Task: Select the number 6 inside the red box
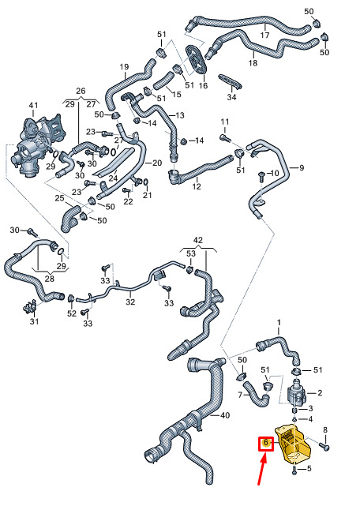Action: (266, 442)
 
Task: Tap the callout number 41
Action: (33, 105)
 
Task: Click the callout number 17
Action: (264, 35)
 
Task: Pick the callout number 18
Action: (253, 62)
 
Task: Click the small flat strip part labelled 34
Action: (230, 81)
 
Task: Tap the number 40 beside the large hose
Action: (225, 415)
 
